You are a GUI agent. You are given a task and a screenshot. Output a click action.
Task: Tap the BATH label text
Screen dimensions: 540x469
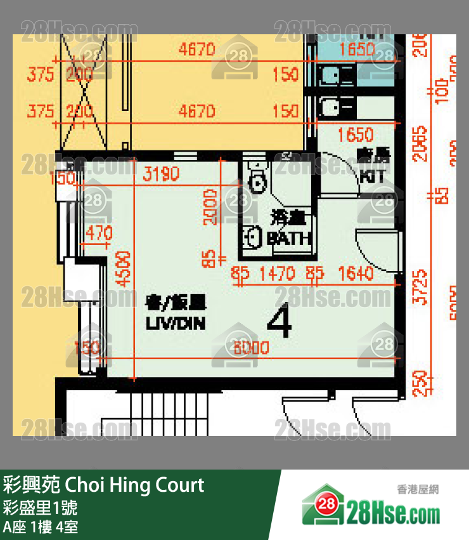pos(289,239)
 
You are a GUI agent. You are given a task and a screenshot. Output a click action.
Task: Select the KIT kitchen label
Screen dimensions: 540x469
pos(371,177)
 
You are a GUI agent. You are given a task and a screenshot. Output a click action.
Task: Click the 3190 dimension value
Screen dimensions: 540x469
pos(161,174)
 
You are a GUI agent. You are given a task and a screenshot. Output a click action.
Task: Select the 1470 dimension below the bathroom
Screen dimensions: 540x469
pos(278,274)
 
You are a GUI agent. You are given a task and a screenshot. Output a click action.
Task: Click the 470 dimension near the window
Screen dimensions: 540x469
pos(98,234)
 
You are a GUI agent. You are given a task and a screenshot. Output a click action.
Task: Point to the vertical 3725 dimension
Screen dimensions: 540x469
pos(421,287)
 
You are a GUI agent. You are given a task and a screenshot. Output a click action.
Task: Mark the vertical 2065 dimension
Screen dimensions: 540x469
pos(421,143)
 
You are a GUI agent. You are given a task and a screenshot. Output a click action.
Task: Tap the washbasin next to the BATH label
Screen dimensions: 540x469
pos(252,237)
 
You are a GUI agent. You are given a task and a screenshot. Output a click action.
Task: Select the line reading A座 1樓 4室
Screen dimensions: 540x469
pos(41,527)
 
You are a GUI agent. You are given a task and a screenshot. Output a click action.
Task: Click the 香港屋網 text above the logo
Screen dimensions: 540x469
pos(418,489)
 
